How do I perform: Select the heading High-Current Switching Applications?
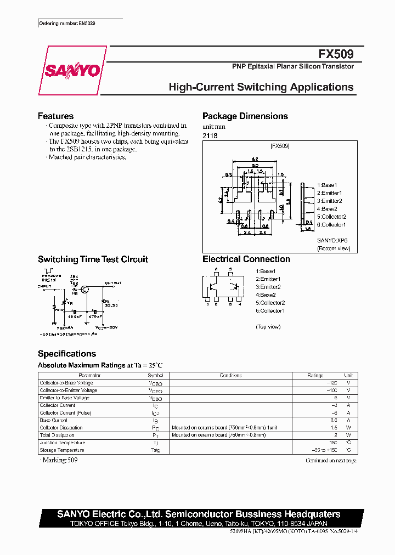[261, 87]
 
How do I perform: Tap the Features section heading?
[55, 116]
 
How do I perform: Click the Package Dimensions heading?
[245, 116]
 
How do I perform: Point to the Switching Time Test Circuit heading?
[93, 259]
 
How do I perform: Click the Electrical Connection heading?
[246, 259]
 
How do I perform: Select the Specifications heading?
[67, 354]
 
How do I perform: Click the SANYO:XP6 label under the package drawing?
[332, 240]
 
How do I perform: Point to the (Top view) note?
[268, 326]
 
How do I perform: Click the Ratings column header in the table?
[315, 376]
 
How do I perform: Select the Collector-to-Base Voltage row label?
[66, 383]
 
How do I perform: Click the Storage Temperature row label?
[62, 450]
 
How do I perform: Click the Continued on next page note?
[331, 461]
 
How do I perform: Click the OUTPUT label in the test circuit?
[114, 284]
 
